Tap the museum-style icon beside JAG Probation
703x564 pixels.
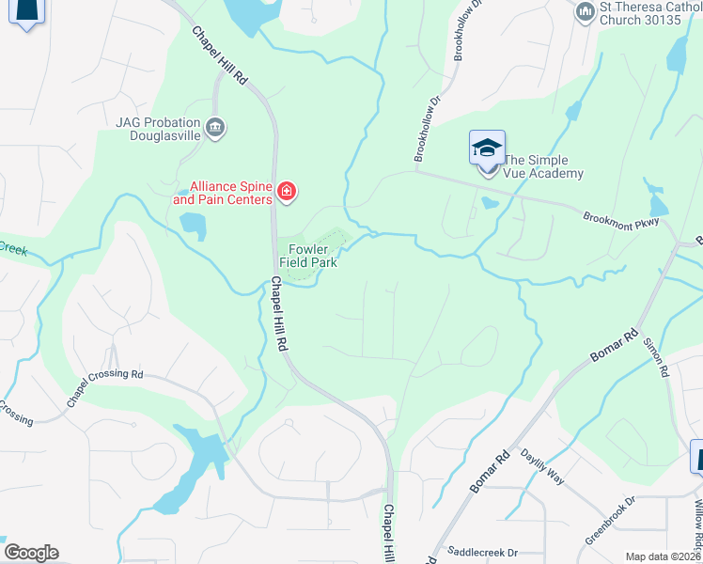click(x=215, y=127)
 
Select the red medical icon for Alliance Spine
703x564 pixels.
click(x=286, y=194)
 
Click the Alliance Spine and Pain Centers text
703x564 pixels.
click(x=222, y=193)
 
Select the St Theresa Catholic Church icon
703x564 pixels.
click(x=586, y=11)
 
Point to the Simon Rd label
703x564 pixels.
click(x=655, y=358)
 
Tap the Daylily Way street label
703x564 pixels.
click(x=542, y=465)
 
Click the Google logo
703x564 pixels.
click(x=31, y=553)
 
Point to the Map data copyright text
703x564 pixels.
click(x=664, y=556)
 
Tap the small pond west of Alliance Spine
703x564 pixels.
click(x=192, y=226)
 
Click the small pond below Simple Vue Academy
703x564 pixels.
click(x=488, y=202)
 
